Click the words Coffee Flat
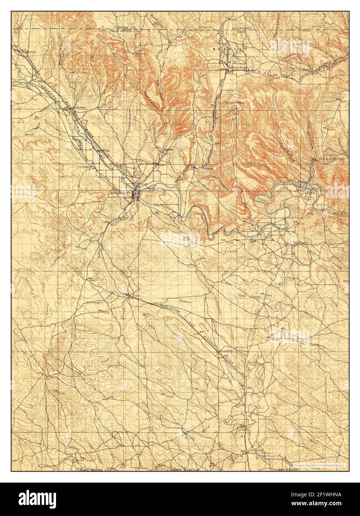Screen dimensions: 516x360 click(308, 196)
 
